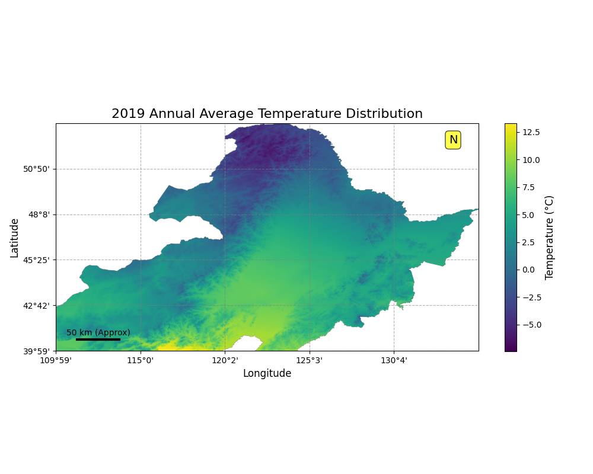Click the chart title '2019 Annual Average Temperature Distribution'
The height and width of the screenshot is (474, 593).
pyautogui.click(x=267, y=114)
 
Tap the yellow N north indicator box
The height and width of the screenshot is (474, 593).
pyautogui.click(x=453, y=140)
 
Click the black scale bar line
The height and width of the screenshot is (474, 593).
pyautogui.click(x=98, y=340)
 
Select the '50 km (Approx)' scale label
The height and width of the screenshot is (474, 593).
pyautogui.click(x=98, y=332)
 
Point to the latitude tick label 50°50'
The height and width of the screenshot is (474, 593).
pyautogui.click(x=36, y=169)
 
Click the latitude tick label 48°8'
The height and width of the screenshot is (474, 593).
pyautogui.click(x=39, y=214)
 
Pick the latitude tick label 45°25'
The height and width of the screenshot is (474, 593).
pyautogui.click(x=36, y=260)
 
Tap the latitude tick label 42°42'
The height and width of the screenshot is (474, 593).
pyautogui.click(x=36, y=305)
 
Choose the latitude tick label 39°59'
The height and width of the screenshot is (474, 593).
pyautogui.click(x=36, y=351)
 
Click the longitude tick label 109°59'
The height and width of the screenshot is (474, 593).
pyautogui.click(x=56, y=360)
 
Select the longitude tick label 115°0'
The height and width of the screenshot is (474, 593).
pyautogui.click(x=141, y=360)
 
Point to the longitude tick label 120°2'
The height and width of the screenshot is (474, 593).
pyautogui.click(x=225, y=360)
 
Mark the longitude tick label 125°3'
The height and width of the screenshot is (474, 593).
pyautogui.click(x=310, y=360)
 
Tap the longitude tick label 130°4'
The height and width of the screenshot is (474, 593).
pyautogui.click(x=394, y=360)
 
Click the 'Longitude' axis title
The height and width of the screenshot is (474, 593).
pyautogui.click(x=267, y=373)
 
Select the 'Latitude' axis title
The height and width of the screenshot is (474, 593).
pyautogui.click(x=14, y=237)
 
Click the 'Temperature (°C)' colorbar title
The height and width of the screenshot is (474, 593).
pyautogui.click(x=549, y=237)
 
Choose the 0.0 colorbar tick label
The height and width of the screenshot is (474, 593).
pyautogui.click(x=532, y=270)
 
